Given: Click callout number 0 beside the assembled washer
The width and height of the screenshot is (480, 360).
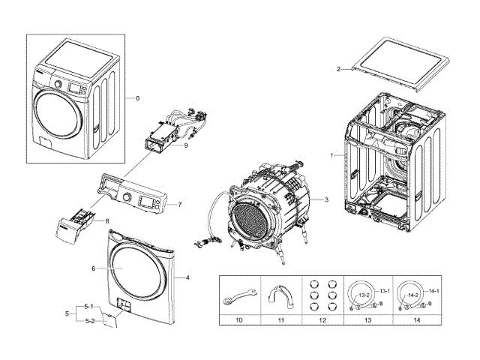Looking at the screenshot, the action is click(137, 98).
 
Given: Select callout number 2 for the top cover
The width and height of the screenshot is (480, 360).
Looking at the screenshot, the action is click(338, 69).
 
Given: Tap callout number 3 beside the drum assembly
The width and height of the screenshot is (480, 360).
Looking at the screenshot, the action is click(326, 200).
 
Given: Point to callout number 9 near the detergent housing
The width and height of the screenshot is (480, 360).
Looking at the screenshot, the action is click(186, 145).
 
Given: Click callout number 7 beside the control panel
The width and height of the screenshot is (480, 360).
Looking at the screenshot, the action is click(180, 205).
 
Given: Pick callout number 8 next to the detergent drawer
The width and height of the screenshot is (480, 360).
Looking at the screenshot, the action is click(106, 221).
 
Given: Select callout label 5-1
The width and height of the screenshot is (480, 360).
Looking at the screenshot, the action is click(88, 307).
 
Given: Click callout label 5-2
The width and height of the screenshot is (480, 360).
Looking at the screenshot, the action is click(90, 321).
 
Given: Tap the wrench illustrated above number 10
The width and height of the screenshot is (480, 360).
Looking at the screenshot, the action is click(239, 295).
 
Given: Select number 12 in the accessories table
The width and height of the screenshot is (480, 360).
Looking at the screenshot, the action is click(322, 320).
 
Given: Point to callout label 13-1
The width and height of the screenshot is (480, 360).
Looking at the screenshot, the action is click(384, 291).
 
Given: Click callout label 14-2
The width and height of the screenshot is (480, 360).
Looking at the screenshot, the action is click(413, 295).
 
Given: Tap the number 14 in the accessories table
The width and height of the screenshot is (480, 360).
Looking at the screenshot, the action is click(417, 320).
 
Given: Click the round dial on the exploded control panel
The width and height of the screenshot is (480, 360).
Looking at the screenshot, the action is click(126, 196).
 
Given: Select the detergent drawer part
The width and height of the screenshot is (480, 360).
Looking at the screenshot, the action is click(75, 226).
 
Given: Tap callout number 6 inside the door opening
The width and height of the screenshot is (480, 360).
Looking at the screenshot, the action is click(94, 268).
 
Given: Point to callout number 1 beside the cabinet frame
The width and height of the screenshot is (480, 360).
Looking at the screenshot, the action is click(331, 155).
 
